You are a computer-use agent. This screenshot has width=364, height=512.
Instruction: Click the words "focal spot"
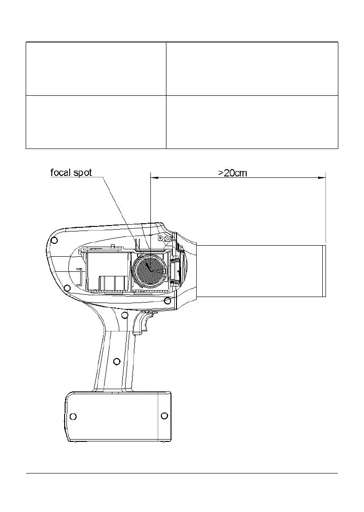[71, 173]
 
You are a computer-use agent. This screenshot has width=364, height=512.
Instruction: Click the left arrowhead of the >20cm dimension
[153, 178]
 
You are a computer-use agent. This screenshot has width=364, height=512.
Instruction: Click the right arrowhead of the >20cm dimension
[323, 178]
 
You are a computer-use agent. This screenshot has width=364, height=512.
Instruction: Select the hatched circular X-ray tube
[149, 271]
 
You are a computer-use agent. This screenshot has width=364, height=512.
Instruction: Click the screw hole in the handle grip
[117, 362]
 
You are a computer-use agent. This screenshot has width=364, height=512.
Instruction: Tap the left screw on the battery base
[73, 416]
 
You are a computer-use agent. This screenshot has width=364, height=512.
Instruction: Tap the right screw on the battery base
[165, 416]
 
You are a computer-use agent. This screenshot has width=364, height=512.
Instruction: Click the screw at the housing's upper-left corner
[54, 240]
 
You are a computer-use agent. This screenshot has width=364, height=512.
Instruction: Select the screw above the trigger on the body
[167, 301]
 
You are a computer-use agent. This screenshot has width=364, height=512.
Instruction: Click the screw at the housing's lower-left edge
[67, 288]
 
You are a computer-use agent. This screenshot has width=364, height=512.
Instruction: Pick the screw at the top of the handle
[125, 314]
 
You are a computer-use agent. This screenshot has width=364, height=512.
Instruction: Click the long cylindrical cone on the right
[261, 271]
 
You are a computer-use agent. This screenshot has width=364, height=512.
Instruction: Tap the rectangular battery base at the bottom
[118, 416]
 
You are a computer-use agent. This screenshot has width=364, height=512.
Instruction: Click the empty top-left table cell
[96, 69]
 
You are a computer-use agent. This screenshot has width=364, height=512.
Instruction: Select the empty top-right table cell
[252, 69]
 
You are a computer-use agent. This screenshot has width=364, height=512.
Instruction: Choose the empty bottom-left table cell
[96, 122]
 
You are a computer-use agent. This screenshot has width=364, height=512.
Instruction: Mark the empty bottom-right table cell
[252, 122]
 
